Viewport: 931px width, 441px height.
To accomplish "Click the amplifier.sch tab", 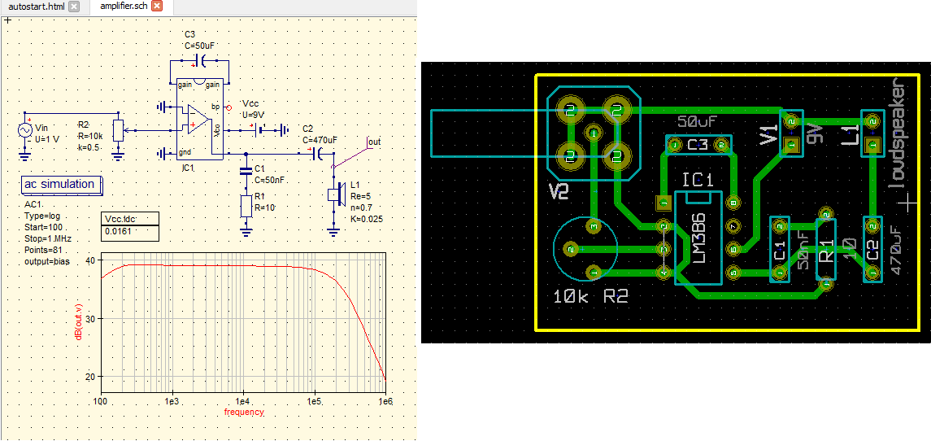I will click(x=124, y=7).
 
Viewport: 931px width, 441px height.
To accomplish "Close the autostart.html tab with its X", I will click(x=74, y=7).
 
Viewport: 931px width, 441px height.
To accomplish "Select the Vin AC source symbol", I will click(x=24, y=130).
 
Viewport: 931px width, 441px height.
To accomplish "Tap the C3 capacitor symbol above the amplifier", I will click(x=200, y=62).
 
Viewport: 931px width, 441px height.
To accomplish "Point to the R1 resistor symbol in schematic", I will click(x=246, y=206).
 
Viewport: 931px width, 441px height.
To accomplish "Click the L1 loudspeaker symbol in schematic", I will click(x=333, y=194).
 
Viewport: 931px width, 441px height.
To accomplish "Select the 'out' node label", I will click(x=373, y=142).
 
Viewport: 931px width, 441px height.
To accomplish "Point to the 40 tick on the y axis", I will click(x=90, y=260).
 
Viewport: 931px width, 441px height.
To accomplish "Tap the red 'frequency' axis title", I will click(x=244, y=413).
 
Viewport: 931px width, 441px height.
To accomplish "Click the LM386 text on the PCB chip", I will click(x=698, y=244).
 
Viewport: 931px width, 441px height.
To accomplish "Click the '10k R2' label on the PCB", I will click(x=589, y=297).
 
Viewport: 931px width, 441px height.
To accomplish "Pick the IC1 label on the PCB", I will click(x=698, y=180).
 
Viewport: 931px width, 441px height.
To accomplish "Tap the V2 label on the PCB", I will click(x=559, y=192).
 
